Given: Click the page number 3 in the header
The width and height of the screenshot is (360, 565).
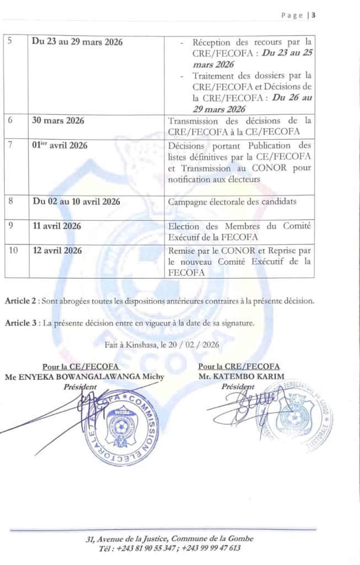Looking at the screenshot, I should point(314,15).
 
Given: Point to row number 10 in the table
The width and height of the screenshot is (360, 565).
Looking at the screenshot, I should point(14,250).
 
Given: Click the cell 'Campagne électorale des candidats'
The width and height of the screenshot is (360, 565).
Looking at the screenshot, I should point(232,201).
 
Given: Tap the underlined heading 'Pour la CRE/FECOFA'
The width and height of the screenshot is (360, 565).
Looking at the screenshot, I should point(239,366).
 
